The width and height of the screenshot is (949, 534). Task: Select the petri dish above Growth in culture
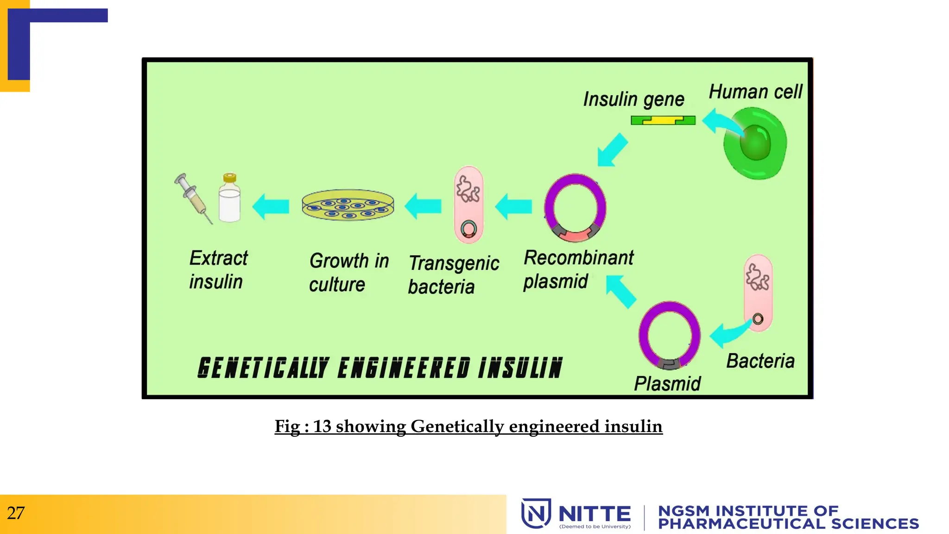click(348, 205)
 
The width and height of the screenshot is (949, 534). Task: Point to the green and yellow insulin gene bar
click(663, 121)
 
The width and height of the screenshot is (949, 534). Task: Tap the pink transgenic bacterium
click(468, 204)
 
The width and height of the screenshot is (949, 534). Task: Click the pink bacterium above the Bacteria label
click(758, 292)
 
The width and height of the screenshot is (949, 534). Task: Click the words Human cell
click(755, 92)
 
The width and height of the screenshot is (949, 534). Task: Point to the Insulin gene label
click(633, 99)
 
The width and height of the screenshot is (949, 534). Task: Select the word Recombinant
click(578, 258)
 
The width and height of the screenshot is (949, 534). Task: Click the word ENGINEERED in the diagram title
click(404, 368)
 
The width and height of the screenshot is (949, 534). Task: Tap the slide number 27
click(16, 513)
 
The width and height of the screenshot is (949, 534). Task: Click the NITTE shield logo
click(536, 513)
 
